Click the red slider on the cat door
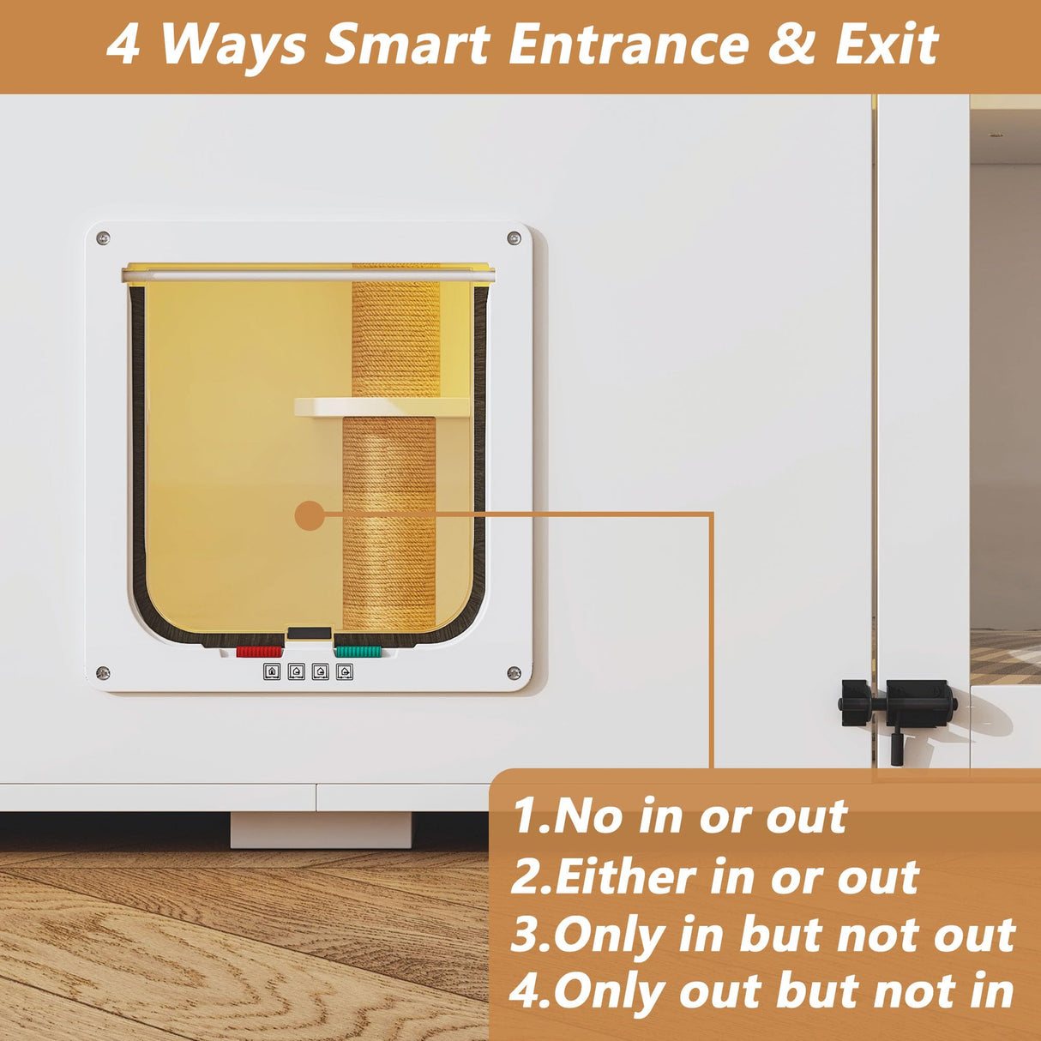click(x=259, y=652)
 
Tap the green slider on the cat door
click(x=358, y=652)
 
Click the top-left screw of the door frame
click(x=103, y=238)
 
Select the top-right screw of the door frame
click(x=514, y=238)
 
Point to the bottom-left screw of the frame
click(x=103, y=672)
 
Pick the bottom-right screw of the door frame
click(x=514, y=672)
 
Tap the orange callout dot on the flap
click(x=310, y=515)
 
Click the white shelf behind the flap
click(x=382, y=407)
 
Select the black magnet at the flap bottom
click(x=309, y=633)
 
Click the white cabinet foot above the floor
click(x=321, y=829)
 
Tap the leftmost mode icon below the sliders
click(x=272, y=671)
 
